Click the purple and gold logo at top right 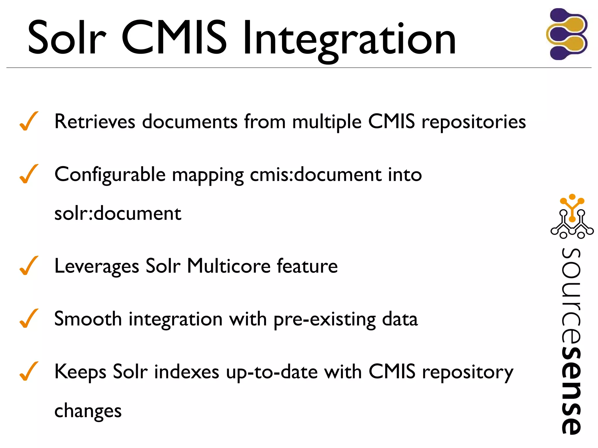click(x=567, y=34)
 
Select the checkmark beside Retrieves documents click(x=29, y=121)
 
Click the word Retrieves click(x=95, y=121)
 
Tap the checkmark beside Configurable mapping click(x=29, y=174)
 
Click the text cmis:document click(x=315, y=174)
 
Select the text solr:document click(x=118, y=213)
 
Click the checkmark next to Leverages click(x=29, y=266)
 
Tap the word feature click(x=307, y=266)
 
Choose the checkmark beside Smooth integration click(x=29, y=318)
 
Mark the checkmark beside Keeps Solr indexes click(x=29, y=371)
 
